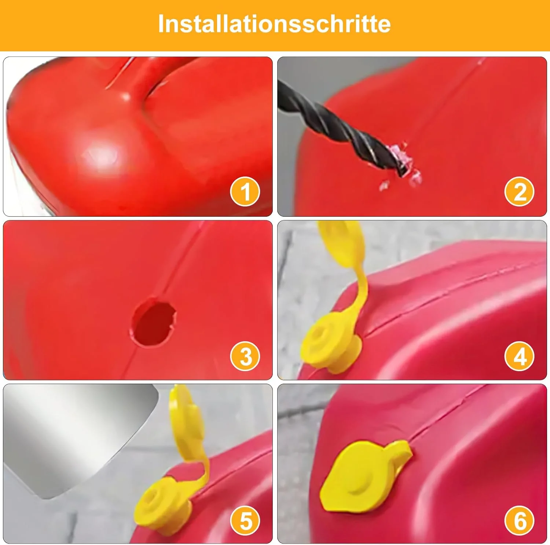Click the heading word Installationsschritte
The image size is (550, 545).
(274, 24)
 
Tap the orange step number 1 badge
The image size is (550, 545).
(245, 191)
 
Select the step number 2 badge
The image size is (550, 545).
(519, 191)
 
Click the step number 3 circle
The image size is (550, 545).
(245, 356)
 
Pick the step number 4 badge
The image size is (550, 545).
(519, 356)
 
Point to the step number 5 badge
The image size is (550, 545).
(245, 520)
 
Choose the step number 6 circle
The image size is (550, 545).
(519, 520)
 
